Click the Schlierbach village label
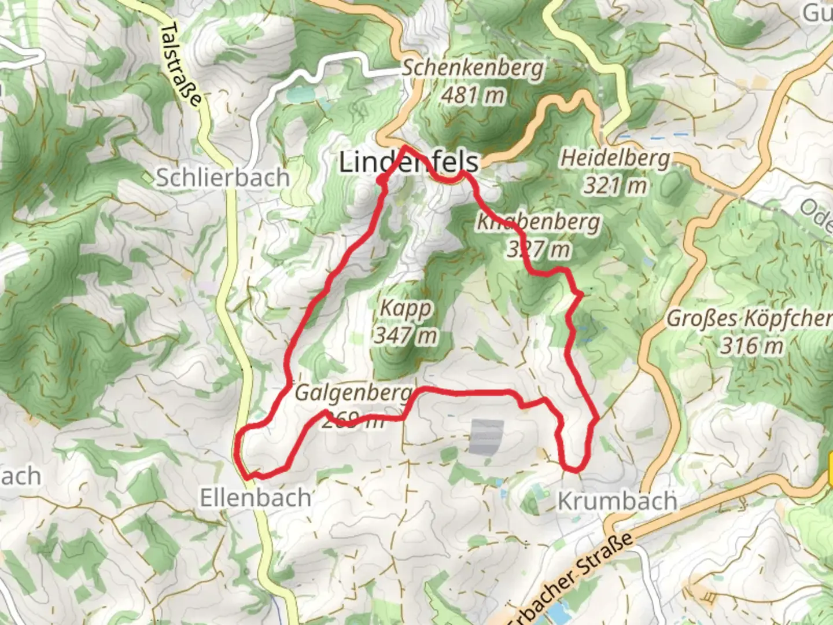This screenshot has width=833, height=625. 223,178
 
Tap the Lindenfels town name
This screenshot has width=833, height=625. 408,162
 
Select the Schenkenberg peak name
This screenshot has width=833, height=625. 473,68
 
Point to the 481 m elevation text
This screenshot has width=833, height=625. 473,95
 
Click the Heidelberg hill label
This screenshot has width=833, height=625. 615,158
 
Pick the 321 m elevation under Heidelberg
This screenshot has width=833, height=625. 615,185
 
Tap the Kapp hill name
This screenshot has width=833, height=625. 406,308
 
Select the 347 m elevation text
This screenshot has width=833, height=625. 406,335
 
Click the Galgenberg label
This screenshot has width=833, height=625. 353,393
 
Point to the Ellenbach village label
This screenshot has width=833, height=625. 256,498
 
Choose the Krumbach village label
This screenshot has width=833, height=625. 617,501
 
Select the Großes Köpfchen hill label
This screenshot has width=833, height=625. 750,318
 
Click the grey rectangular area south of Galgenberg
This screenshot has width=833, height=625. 485,437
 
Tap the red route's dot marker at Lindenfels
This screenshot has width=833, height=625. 381,182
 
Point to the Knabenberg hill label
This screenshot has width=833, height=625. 538,222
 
